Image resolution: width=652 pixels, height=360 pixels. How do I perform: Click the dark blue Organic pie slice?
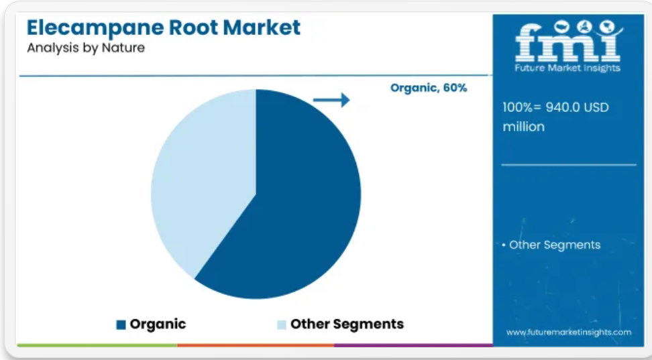coord(291,208)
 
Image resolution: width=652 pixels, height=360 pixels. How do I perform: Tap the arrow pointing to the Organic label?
coord(331,100)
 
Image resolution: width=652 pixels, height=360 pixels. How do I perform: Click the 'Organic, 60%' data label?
coord(429,88)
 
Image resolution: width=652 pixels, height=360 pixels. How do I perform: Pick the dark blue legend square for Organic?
coord(121,324)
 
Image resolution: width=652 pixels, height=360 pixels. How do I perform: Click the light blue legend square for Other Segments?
coord(282,324)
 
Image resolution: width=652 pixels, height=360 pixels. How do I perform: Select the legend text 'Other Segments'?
coord(347,324)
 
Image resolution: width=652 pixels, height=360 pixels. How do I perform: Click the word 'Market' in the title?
coord(262,27)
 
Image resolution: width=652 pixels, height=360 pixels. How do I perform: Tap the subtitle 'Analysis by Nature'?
coord(86,48)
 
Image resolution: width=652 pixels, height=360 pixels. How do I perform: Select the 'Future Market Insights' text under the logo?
coord(567,68)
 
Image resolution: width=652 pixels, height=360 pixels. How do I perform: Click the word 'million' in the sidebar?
coord(523,127)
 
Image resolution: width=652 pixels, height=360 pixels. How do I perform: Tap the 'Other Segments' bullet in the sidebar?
coord(551,245)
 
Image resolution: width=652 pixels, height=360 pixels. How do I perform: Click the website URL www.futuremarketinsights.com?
coord(569,332)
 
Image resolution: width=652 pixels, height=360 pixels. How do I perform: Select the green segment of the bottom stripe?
coord(97,345)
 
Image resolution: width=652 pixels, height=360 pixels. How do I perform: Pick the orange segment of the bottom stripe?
coord(256,345)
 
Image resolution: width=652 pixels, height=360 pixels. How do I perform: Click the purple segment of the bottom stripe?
coord(414,345)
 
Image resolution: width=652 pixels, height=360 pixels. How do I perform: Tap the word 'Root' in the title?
coord(193,27)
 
